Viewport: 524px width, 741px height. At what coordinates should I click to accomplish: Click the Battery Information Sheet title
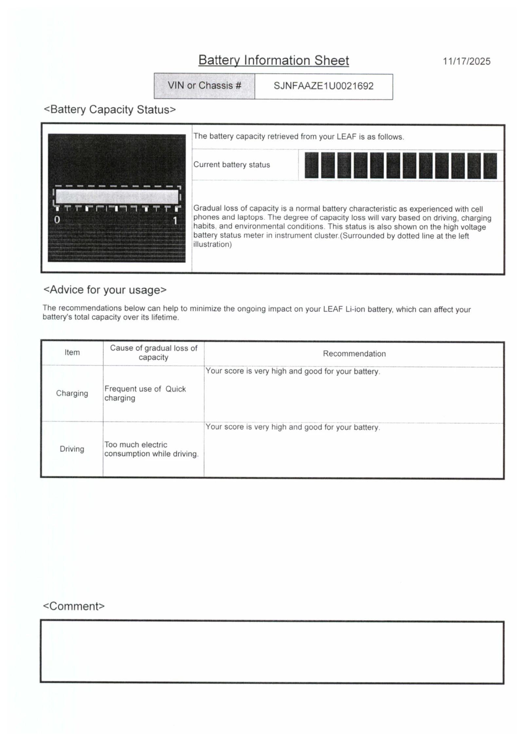point(273,60)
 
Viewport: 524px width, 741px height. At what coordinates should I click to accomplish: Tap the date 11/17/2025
point(466,61)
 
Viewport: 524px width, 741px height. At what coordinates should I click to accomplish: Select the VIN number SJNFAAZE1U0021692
point(323,86)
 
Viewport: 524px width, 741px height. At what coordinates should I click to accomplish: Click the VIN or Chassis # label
point(204,85)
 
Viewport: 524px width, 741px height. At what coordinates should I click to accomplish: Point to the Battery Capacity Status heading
point(110,109)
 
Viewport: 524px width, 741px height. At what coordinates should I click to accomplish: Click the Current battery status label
point(232,164)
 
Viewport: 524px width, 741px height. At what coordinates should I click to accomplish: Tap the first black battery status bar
point(311,165)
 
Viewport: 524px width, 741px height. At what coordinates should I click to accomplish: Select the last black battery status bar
point(490,166)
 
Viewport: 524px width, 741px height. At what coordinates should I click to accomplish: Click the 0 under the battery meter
point(57,219)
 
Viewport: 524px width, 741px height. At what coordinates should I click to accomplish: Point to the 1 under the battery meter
point(175,220)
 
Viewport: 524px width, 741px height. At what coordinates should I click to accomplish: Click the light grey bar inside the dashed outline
point(117,197)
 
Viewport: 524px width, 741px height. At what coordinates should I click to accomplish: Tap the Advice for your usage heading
point(105,290)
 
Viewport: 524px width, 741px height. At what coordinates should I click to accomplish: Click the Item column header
point(72,352)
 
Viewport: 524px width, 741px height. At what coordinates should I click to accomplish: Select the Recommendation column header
point(354,353)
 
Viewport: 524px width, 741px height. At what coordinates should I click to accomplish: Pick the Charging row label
point(72,393)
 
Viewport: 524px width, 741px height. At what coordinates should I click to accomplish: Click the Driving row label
point(72,449)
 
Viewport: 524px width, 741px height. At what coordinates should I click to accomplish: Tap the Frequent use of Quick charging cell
point(145,393)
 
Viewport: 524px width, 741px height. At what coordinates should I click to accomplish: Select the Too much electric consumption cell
point(151,449)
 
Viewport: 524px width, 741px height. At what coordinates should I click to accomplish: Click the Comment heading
point(74,606)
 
